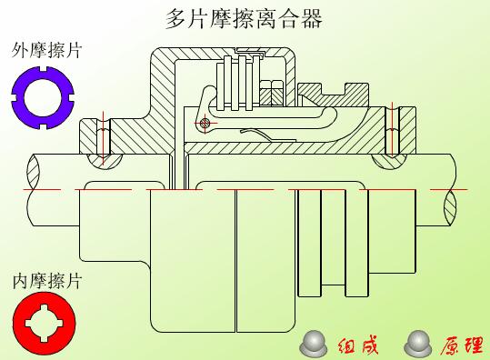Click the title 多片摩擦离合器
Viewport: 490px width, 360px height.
tap(245, 17)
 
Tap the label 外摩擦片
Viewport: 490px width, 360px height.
tap(46, 50)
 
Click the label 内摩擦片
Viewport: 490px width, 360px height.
tap(46, 281)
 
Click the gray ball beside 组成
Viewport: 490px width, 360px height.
tap(315, 342)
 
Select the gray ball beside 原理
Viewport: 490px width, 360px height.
tap(419, 342)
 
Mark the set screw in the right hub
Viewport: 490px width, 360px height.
tap(392, 133)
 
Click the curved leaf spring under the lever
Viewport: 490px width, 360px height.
tap(258, 135)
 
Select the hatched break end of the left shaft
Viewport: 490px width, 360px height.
tap(37, 171)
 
